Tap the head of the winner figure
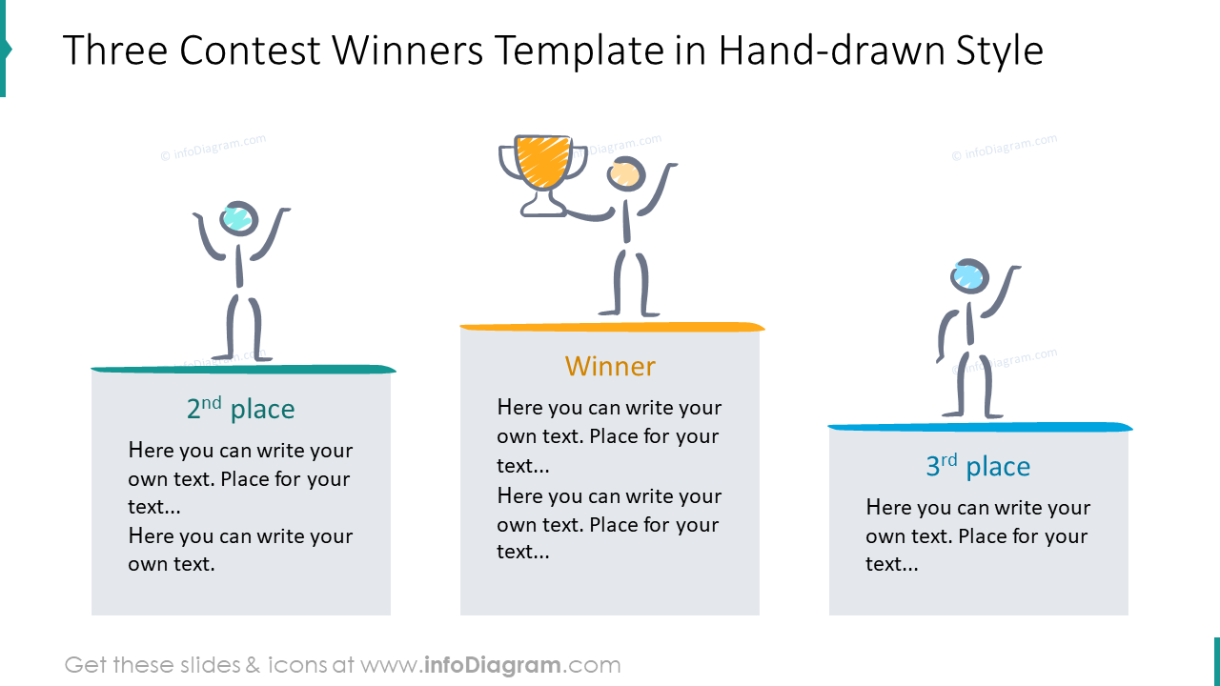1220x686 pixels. pyautogui.click(x=626, y=174)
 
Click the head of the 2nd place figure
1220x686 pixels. pyautogui.click(x=237, y=218)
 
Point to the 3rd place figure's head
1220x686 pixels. pyautogui.click(x=969, y=276)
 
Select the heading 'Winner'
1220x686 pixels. pyautogui.click(x=610, y=366)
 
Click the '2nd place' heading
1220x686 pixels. pyautogui.click(x=241, y=410)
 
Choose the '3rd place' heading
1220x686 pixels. pyautogui.click(x=978, y=467)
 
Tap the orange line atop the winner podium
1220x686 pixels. pyautogui.click(x=612, y=328)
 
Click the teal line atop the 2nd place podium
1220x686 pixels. pyautogui.click(x=243, y=369)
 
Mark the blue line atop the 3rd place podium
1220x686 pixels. pyautogui.click(x=980, y=427)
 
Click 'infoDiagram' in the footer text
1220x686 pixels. pyautogui.click(x=491, y=665)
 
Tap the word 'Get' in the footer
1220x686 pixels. pyautogui.click(x=84, y=665)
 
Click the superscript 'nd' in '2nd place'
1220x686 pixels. pyautogui.click(x=213, y=402)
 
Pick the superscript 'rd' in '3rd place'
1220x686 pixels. pyautogui.click(x=949, y=459)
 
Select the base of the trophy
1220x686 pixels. pyautogui.click(x=542, y=209)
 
